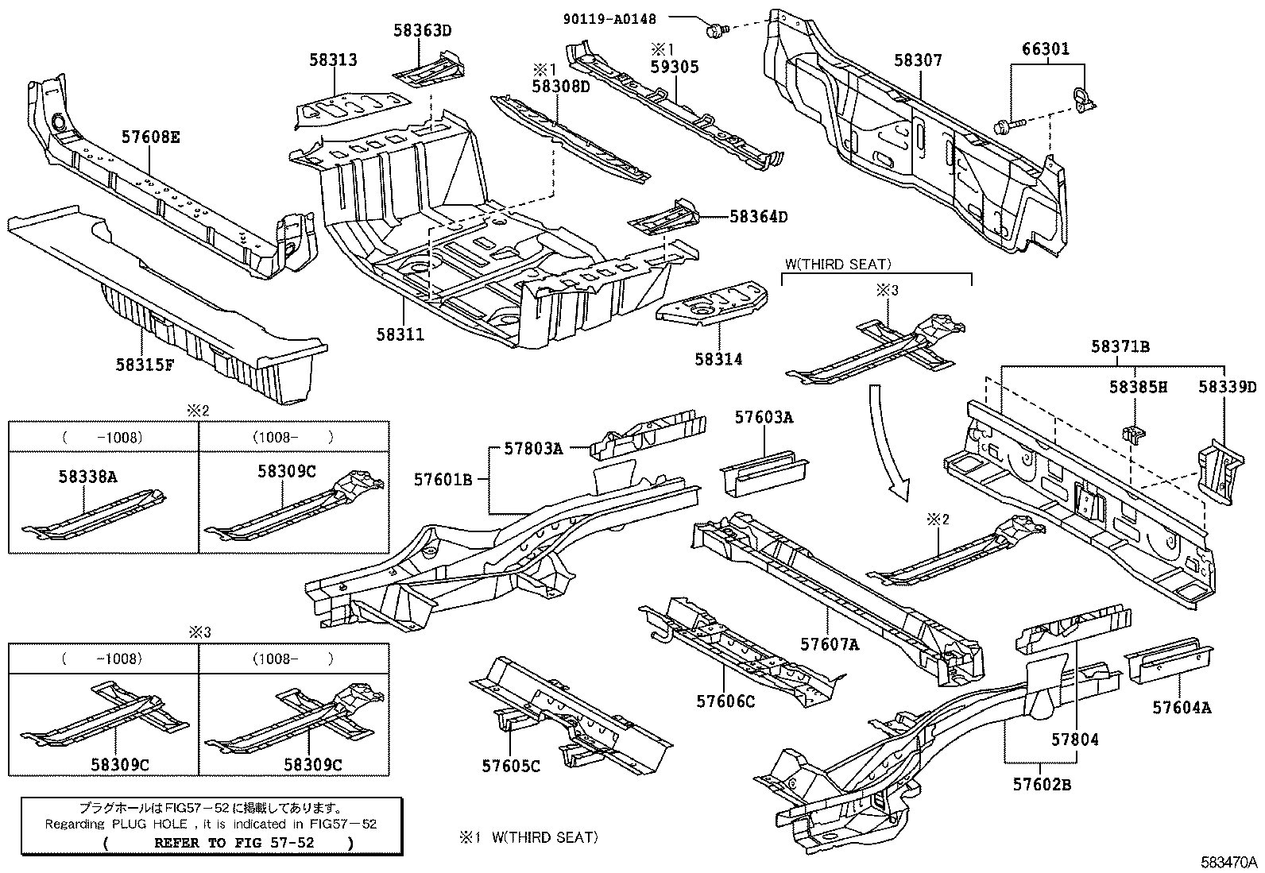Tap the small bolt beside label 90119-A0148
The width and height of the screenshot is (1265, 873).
pyautogui.click(x=716, y=31)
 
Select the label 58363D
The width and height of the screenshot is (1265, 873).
pyautogui.click(x=422, y=31)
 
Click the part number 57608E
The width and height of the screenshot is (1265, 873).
pyautogui.click(x=151, y=137)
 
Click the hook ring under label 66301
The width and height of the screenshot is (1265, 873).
pyautogui.click(x=1081, y=98)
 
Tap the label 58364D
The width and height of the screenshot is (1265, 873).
pyautogui.click(x=759, y=216)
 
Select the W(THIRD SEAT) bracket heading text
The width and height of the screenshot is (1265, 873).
pyautogui.click(x=838, y=265)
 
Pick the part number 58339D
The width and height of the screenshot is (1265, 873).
pyautogui.click(x=1228, y=387)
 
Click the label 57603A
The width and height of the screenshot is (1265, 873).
pyautogui.click(x=764, y=418)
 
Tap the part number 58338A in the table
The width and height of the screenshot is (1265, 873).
pyautogui.click(x=87, y=476)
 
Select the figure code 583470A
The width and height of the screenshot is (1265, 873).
pyautogui.click(x=1228, y=862)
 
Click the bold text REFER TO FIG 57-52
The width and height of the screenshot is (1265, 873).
pyautogui.click(x=234, y=843)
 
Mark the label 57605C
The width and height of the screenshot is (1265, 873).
pyautogui.click(x=510, y=766)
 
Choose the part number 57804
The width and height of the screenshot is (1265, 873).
pyautogui.click(x=1075, y=740)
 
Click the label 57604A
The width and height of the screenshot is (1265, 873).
pyautogui.click(x=1182, y=707)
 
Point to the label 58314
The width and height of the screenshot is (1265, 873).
pyautogui.click(x=718, y=359)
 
